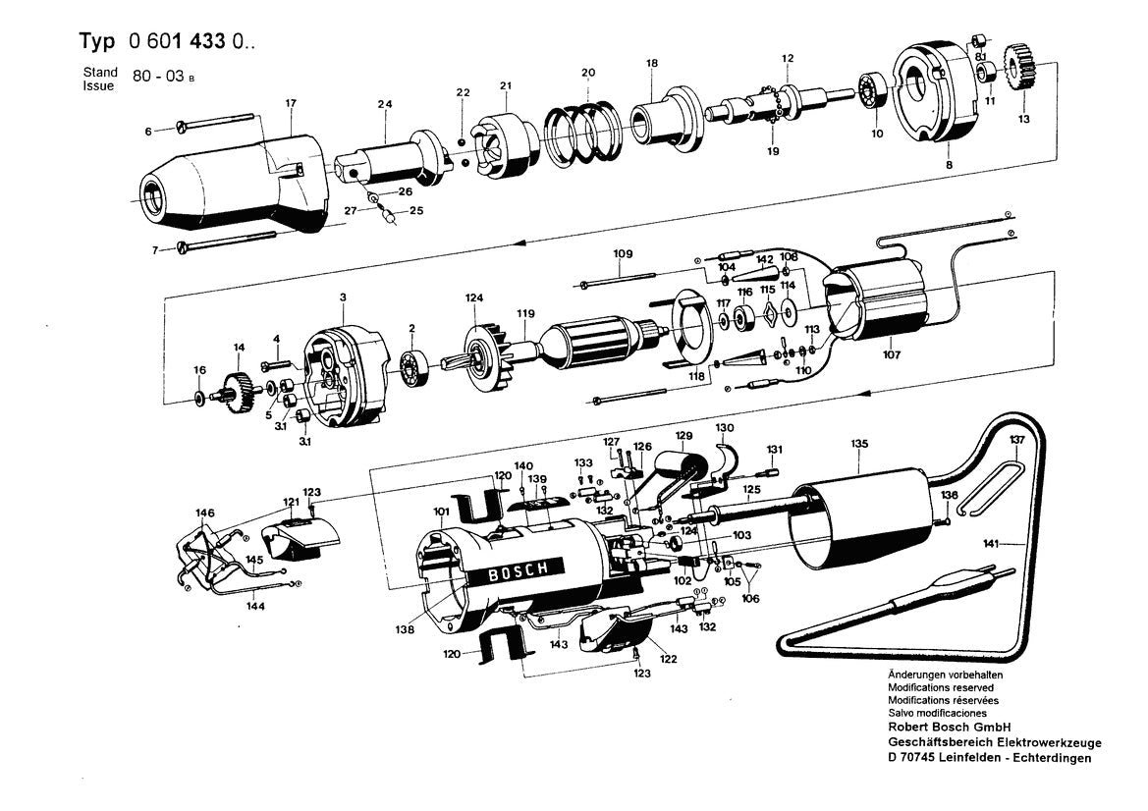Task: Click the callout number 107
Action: [890, 355]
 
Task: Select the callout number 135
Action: [859, 444]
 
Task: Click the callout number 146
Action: [204, 513]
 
